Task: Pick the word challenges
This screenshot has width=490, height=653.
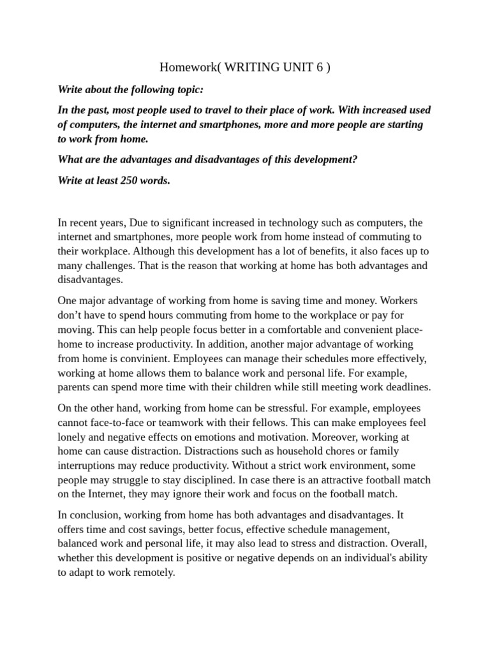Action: pyautogui.click(x=114, y=265)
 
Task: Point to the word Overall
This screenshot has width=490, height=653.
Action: pyautogui.click(x=407, y=543)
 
